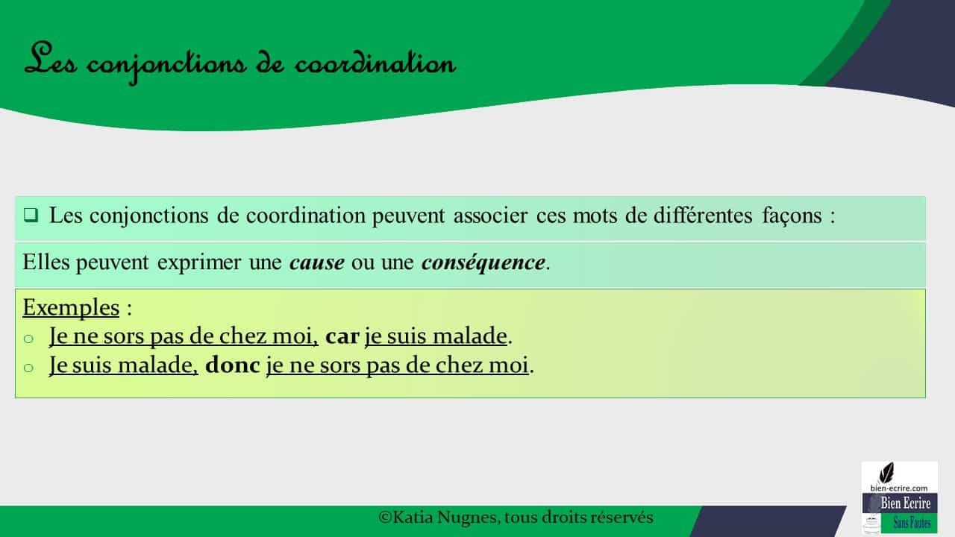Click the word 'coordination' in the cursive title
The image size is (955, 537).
[375, 65]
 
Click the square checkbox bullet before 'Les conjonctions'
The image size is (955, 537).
[31, 216]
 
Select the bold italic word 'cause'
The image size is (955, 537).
[317, 262]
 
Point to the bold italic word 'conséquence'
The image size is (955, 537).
[483, 262]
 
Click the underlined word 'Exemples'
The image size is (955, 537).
[71, 307]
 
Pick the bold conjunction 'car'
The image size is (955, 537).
[342, 336]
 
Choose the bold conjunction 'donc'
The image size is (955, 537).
[232, 365]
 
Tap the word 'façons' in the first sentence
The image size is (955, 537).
[792, 216]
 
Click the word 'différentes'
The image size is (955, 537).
[703, 216]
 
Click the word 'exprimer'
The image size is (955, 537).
[199, 263]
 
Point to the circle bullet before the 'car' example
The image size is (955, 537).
[28, 339]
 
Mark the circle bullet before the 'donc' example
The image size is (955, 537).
[28, 368]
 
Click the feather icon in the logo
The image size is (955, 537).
[887, 473]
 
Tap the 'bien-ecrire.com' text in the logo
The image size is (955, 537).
[899, 488]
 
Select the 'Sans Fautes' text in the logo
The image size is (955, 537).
[912, 523]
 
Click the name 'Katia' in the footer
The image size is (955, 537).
[413, 518]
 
